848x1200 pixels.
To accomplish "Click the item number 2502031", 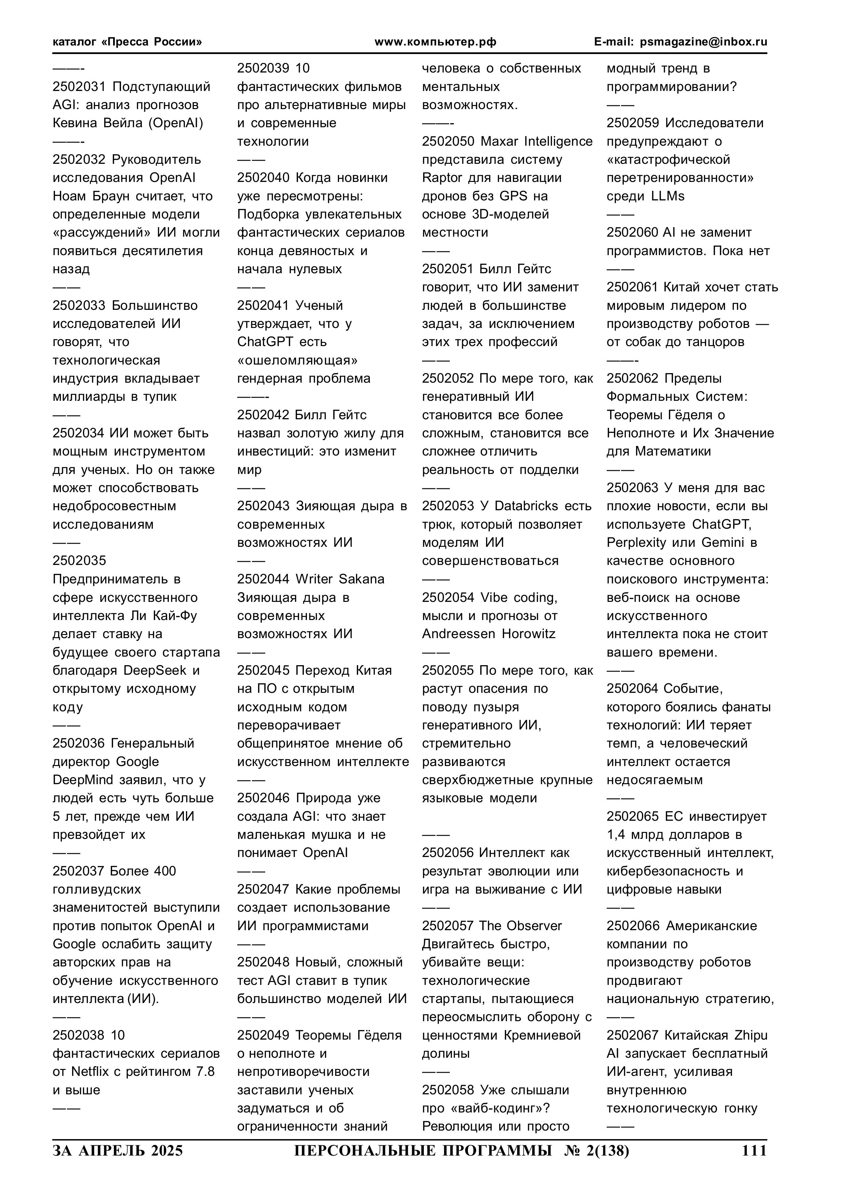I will coord(79,87).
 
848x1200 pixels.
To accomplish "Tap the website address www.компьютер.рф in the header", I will coord(435,42).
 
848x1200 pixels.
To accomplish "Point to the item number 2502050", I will coord(448,142).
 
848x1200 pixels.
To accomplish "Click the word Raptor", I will coord(442,178).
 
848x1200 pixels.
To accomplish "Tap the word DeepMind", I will coord(83,780).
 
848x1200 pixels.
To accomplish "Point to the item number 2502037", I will coord(79,871).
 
